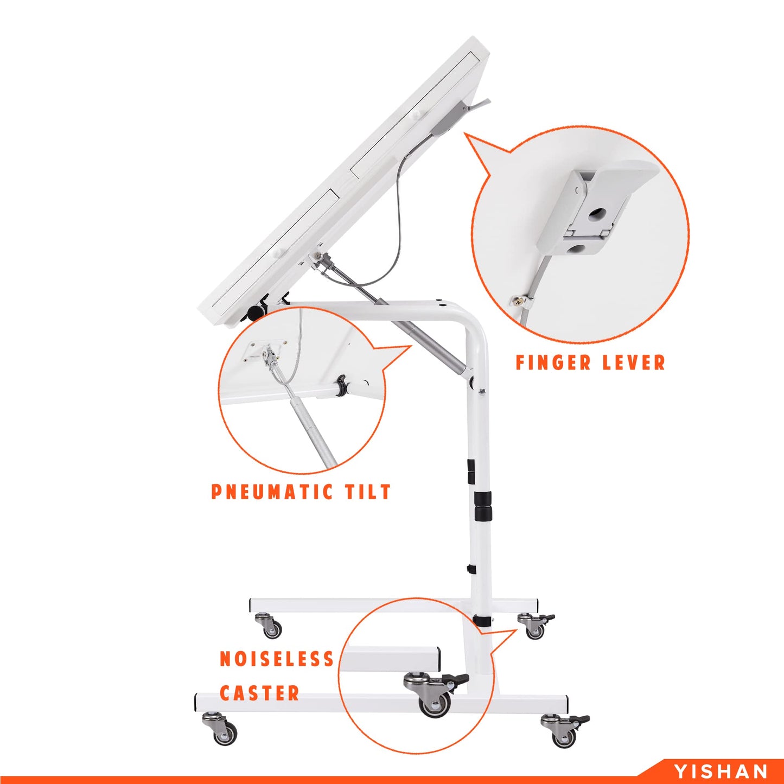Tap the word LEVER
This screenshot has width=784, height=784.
coord(634,362)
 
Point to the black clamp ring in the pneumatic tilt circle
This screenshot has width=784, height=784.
coord(341,385)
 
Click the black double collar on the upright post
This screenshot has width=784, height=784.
coord(483,506)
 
